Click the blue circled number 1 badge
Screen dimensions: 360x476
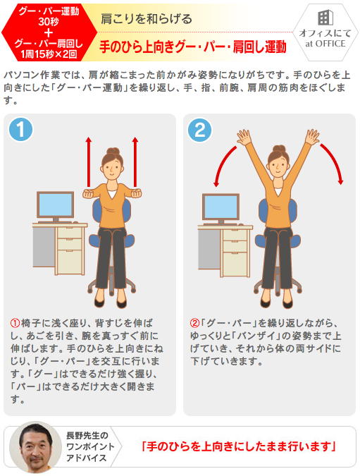coord(20,129)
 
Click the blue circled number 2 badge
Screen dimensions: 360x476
coord(200,130)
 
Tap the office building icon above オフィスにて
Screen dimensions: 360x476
coord(325,18)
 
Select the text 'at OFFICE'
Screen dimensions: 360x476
coord(325,44)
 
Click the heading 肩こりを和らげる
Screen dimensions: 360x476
coord(147,19)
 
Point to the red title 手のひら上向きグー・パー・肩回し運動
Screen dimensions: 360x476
coord(193,47)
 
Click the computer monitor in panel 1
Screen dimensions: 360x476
coord(55,205)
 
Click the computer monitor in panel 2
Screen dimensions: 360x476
coord(221,207)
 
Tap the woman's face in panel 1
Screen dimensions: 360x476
coord(111,168)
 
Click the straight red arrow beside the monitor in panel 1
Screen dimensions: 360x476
coord(89,161)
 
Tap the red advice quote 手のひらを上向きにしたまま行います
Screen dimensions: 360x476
coord(239,446)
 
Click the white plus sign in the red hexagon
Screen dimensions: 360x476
coord(48,32)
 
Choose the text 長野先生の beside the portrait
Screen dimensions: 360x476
coord(87,435)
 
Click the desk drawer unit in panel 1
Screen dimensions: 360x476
coord(70,250)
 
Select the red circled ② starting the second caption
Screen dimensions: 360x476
coord(194,323)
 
